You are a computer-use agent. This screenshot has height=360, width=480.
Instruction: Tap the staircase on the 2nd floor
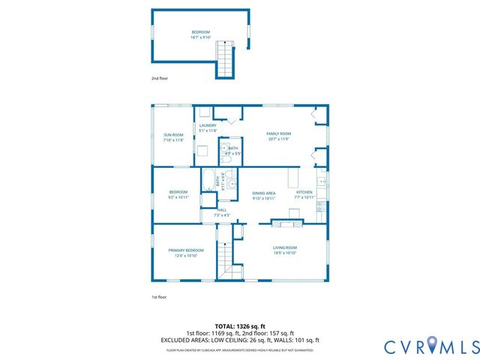(226, 59)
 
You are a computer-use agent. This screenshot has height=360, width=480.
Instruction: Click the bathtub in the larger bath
(208, 180)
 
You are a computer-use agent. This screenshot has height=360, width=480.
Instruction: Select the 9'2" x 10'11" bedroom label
(178, 195)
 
